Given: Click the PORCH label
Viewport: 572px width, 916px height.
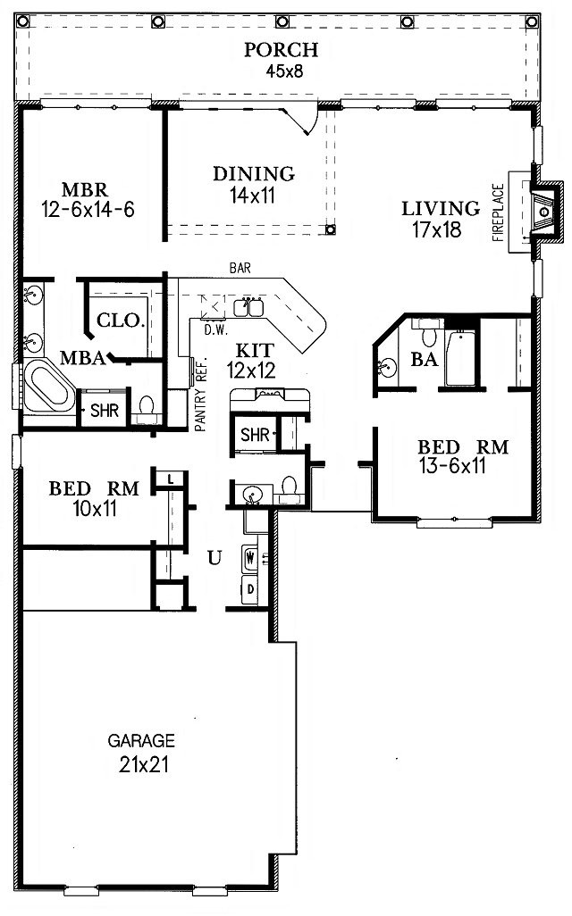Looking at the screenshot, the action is pyautogui.click(x=281, y=50).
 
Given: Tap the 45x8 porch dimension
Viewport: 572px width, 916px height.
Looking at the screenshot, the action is pyautogui.click(x=285, y=71).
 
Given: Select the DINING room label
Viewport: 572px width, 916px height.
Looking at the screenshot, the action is pyautogui.click(x=253, y=173).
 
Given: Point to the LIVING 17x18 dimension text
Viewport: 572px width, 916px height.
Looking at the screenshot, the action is pyautogui.click(x=437, y=229).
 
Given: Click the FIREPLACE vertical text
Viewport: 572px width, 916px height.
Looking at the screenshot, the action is pyautogui.click(x=498, y=212).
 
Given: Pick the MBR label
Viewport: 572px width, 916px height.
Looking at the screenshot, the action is pyautogui.click(x=85, y=190).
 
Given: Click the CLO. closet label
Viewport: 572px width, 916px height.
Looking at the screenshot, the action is pyautogui.click(x=120, y=321).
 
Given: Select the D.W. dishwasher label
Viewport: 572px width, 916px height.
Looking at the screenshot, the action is pyautogui.click(x=215, y=329).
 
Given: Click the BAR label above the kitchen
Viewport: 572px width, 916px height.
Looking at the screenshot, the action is pyautogui.click(x=240, y=268).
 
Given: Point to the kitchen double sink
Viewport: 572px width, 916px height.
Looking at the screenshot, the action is pyautogui.click(x=248, y=307).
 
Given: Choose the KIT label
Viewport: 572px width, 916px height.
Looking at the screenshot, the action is pyautogui.click(x=255, y=351).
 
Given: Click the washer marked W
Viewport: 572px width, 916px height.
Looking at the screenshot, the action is pyautogui.click(x=251, y=557).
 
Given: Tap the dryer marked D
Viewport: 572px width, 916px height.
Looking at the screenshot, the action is pyautogui.click(x=250, y=589).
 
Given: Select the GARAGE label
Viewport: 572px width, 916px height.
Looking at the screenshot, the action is pyautogui.click(x=141, y=741).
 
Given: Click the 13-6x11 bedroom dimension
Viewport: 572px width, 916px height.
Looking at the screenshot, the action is pyautogui.click(x=452, y=466).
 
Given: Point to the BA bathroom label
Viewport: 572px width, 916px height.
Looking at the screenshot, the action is pyautogui.click(x=424, y=359).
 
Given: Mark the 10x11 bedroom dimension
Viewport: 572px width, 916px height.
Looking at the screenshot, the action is pyautogui.click(x=95, y=509).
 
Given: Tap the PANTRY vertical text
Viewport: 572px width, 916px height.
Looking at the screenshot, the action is pyautogui.click(x=200, y=408).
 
